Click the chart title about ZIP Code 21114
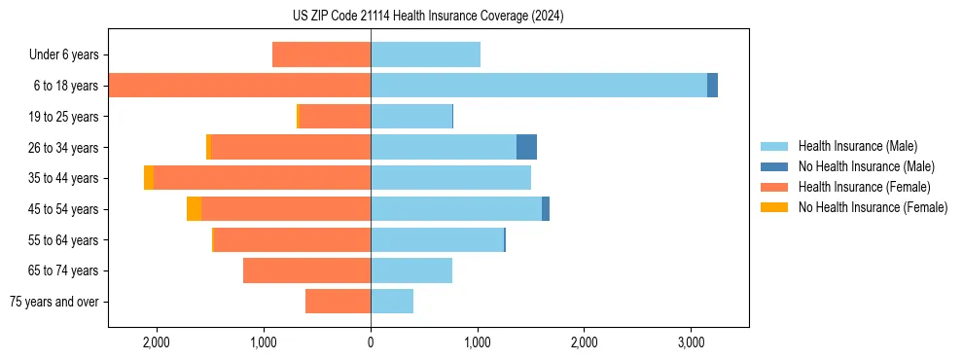tap(428, 17)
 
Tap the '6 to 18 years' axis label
tap(66, 86)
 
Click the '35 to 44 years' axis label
tap(64, 178)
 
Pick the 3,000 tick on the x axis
tap(690, 342)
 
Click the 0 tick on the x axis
tap(371, 342)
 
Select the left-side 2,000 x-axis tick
tap(157, 342)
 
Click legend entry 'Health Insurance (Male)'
tap(857, 146)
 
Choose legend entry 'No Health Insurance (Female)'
tap(873, 207)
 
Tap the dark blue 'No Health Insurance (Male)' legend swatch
tap(775, 166)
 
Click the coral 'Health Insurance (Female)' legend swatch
tap(775, 187)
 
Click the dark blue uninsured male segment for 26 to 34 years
tap(526, 147)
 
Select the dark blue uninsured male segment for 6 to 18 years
tap(712, 86)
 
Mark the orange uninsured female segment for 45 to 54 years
tap(194, 209)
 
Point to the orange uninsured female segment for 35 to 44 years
tap(149, 178)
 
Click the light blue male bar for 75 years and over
tap(392, 302)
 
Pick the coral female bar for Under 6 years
tap(321, 54)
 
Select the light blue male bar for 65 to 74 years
tap(411, 270)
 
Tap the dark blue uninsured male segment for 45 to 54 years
tap(546, 209)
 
